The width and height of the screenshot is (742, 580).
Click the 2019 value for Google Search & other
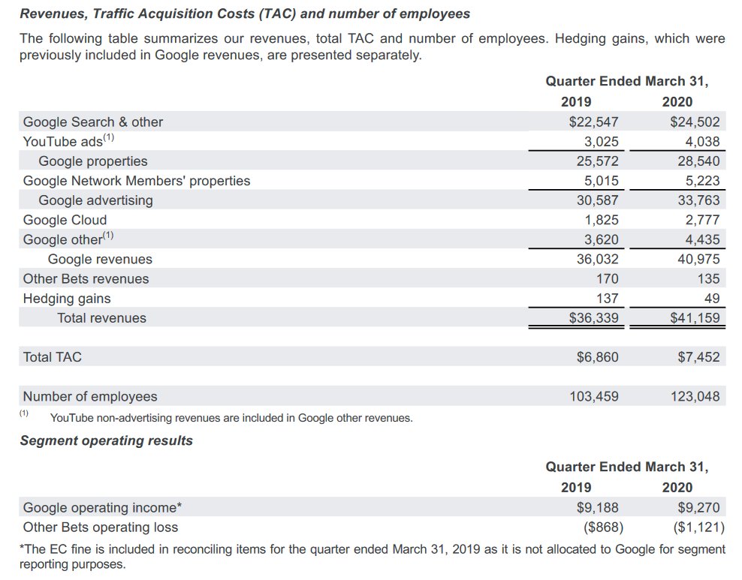click(x=593, y=122)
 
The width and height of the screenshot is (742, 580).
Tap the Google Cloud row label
click(x=65, y=220)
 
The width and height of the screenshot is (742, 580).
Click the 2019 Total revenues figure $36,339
click(x=593, y=317)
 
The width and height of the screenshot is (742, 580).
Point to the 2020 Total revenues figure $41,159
click(x=695, y=317)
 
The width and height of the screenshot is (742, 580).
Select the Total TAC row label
click(x=53, y=357)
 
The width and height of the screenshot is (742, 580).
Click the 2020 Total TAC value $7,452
click(x=698, y=357)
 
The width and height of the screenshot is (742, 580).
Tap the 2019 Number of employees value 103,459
click(x=594, y=396)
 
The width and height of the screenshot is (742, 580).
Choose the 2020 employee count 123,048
click(x=695, y=396)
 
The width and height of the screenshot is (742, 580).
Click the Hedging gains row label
click(x=67, y=298)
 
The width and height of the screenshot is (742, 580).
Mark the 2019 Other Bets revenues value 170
click(x=607, y=278)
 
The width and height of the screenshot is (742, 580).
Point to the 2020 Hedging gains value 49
click(x=711, y=298)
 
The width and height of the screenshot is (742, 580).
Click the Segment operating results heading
click(x=106, y=440)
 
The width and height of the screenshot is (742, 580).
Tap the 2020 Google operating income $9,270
click(x=698, y=507)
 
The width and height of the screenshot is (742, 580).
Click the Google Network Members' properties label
click(x=137, y=181)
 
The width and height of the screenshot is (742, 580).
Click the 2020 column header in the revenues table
click(x=677, y=102)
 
